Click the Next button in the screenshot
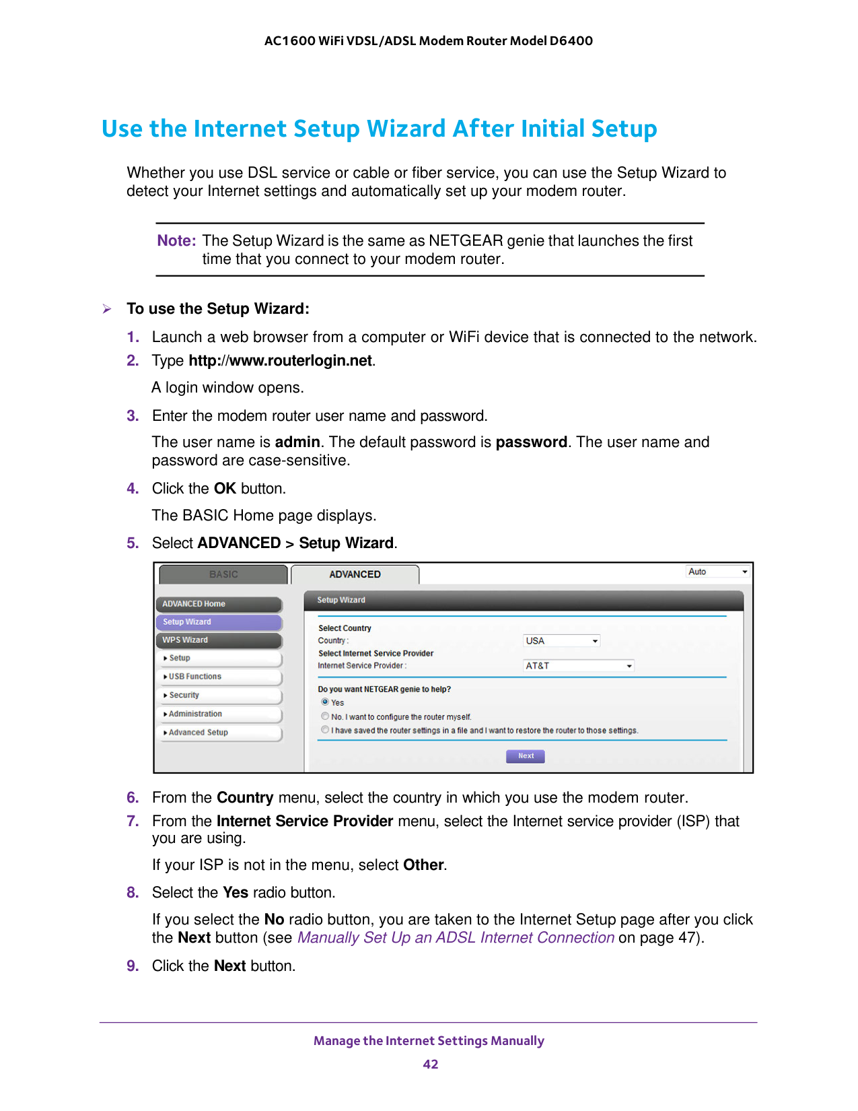click(525, 756)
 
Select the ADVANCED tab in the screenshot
click(355, 574)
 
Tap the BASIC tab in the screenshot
click(223, 574)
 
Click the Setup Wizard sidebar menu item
click(219, 622)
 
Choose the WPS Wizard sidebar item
click(219, 640)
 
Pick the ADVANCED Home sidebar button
click(219, 604)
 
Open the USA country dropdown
click(561, 641)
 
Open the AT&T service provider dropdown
click(579, 666)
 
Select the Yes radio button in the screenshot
click(325, 702)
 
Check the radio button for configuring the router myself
click(325, 716)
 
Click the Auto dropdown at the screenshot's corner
click(717, 572)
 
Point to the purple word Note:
click(176, 241)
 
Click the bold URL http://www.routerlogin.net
click(280, 361)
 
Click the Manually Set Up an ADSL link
click(456, 938)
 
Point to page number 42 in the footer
click(430, 1065)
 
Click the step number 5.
click(133, 543)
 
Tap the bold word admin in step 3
click(297, 442)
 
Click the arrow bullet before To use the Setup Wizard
click(107, 309)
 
